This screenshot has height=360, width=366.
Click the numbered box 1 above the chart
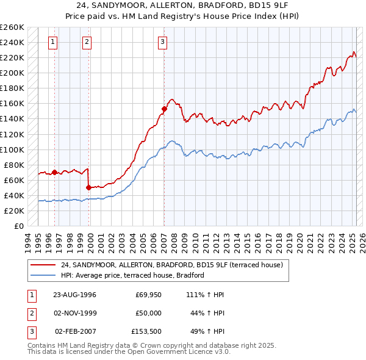54,42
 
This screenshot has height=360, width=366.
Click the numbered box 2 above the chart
87,42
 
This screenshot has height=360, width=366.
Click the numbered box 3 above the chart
163,42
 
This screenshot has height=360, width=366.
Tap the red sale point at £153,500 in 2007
164,109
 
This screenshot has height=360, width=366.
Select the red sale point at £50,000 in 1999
89,187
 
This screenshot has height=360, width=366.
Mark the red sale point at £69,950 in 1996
54,172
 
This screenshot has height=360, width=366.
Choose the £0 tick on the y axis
18,226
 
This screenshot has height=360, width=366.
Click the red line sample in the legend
43,265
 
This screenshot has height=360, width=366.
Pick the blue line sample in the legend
43,276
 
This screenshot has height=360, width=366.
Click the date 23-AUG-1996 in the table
74,295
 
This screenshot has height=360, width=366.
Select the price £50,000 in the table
148,313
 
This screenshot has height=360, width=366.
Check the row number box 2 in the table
30,313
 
